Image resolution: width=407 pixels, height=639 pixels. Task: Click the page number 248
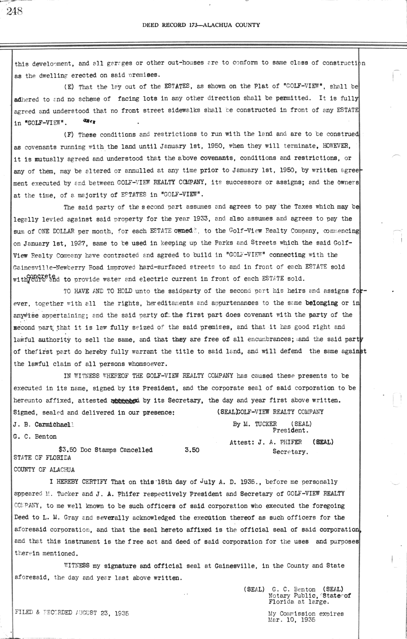click(14, 12)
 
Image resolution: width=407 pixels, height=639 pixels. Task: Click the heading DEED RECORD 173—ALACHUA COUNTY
click(201, 25)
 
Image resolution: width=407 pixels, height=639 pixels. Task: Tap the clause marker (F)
click(69, 135)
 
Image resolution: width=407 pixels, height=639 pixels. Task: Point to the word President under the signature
click(290, 430)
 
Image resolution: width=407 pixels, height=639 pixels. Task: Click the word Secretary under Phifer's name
click(290, 452)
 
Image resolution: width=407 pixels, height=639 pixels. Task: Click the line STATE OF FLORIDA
click(42, 458)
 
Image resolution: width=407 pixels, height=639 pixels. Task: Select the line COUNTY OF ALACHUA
click(44, 470)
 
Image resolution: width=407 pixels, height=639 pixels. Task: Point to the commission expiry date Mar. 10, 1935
click(292, 620)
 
